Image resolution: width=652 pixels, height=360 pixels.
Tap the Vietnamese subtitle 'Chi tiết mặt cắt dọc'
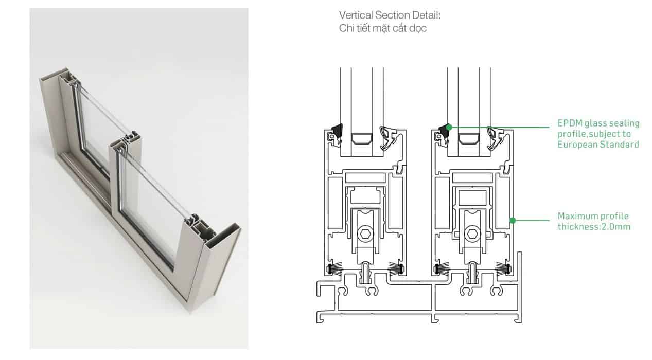pyautogui.click(x=382, y=28)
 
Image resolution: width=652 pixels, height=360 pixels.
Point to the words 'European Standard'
pyautogui.click(x=598, y=145)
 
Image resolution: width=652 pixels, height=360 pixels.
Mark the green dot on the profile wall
pyautogui.click(x=513, y=221)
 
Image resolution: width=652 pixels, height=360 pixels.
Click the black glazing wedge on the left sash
pyautogui.click(x=337, y=131)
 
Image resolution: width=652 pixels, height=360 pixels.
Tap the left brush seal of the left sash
pyautogui.click(x=334, y=268)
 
